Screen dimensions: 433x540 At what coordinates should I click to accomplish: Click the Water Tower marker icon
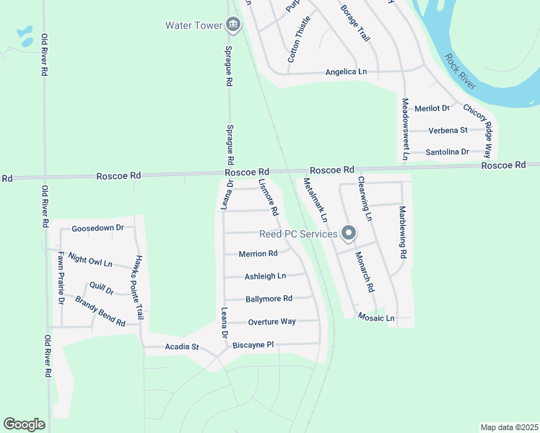[232, 25]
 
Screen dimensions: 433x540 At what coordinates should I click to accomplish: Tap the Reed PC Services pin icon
[349, 233]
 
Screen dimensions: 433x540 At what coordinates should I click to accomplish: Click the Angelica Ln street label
[347, 72]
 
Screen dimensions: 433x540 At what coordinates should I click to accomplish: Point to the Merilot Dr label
[432, 108]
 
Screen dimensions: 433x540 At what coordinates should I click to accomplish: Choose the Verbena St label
[448, 131]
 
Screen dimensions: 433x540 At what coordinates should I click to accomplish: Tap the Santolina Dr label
[447, 152]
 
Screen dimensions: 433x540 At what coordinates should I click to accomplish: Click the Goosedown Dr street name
[98, 228]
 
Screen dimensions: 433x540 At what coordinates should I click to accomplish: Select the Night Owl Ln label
[90, 260]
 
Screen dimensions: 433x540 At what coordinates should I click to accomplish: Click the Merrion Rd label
[258, 254]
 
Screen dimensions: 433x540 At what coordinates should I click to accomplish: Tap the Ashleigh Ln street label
[265, 276]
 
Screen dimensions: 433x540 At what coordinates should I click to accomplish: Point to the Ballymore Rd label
[269, 299]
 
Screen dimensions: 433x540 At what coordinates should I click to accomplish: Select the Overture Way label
[271, 322]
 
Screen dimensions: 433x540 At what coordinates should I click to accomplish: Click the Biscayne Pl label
[253, 345]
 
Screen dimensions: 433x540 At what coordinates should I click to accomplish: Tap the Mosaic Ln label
[380, 318]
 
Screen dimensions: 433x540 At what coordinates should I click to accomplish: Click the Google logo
[25, 424]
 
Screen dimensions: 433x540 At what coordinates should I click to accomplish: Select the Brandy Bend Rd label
[100, 312]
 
